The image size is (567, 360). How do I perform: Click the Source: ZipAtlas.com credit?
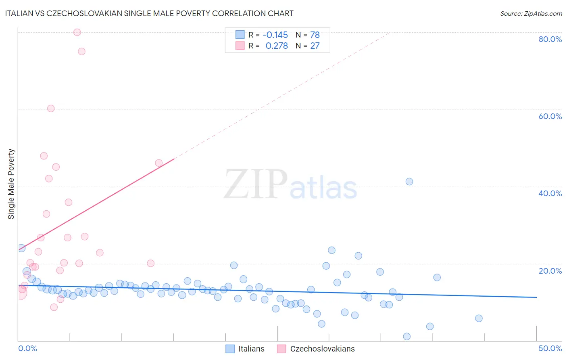click(x=531, y=13)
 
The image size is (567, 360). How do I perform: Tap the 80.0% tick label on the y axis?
click(x=550, y=39)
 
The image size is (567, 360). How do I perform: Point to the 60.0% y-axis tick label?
click(x=550, y=116)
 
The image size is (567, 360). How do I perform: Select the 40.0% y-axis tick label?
click(x=550, y=193)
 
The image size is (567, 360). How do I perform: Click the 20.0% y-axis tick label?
click(x=550, y=271)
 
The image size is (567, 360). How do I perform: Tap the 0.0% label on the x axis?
click(x=27, y=348)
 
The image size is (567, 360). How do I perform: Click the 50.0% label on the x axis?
click(x=550, y=348)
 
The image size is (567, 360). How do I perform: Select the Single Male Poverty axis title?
click(x=11, y=184)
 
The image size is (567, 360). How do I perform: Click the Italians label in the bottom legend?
click(x=251, y=349)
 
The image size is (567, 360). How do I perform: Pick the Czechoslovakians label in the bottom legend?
click(x=322, y=349)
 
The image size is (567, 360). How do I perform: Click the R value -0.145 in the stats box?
click(x=275, y=35)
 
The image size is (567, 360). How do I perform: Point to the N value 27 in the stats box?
click(x=315, y=46)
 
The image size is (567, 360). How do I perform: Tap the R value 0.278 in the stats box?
click(x=277, y=46)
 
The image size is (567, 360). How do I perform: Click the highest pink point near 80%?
click(x=77, y=32)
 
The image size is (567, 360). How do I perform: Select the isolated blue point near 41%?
click(x=409, y=182)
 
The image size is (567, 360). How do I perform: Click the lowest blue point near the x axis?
click(x=407, y=337)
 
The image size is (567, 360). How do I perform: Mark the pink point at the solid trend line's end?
click(x=159, y=163)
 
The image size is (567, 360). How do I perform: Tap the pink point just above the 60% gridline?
click(x=51, y=109)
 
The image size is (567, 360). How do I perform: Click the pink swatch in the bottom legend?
click(x=281, y=349)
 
